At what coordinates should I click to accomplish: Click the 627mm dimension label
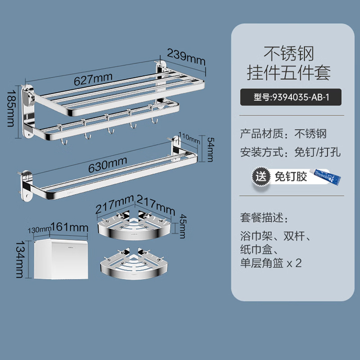(93, 79)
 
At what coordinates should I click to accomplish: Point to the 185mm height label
(11, 108)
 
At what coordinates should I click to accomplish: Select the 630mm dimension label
(108, 164)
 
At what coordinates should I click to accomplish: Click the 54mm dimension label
(211, 149)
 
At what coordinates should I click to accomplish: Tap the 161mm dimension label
(69, 227)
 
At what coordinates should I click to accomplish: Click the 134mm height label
(19, 259)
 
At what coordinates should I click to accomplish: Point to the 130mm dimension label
(39, 230)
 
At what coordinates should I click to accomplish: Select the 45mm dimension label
(183, 226)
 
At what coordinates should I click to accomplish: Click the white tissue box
(61, 259)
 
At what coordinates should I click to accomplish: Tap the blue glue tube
(325, 176)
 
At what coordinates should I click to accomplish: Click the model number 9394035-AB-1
(301, 97)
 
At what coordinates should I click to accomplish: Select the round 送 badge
(261, 176)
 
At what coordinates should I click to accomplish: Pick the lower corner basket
(134, 264)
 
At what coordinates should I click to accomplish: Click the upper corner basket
(134, 225)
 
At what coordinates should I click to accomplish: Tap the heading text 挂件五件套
(289, 72)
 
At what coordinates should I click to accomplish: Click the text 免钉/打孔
(318, 152)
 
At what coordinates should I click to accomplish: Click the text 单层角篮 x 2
(271, 263)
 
